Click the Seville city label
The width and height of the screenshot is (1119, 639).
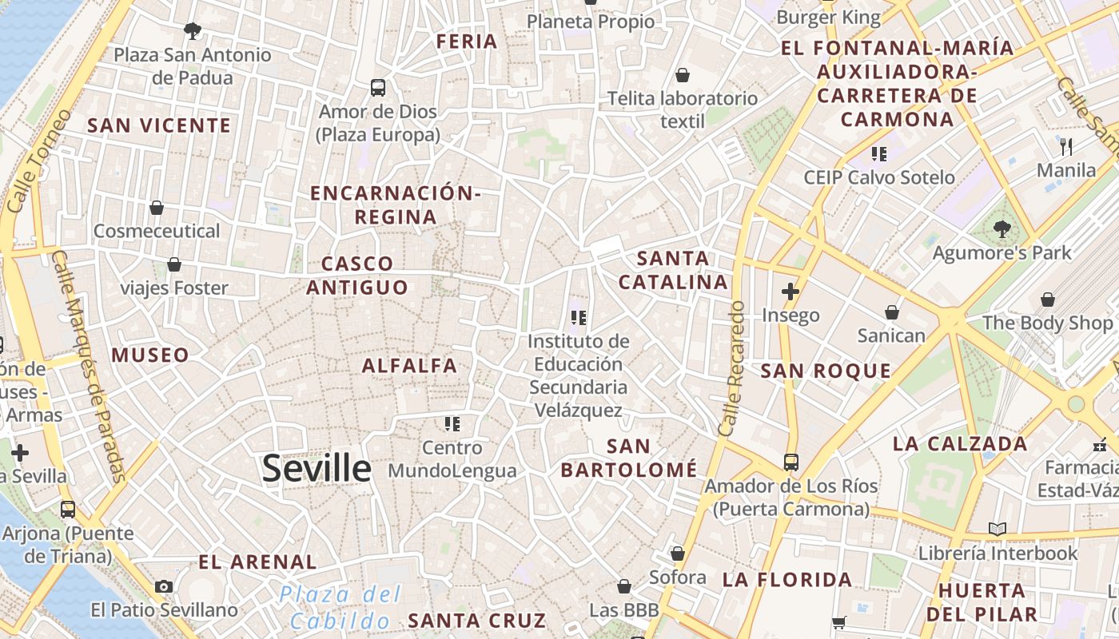tap(317, 469)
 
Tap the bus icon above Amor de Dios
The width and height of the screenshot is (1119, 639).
tap(378, 87)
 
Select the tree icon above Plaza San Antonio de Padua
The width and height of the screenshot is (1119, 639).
tap(192, 31)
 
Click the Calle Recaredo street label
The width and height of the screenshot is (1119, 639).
tap(731, 369)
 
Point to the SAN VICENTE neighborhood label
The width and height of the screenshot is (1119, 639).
tap(159, 125)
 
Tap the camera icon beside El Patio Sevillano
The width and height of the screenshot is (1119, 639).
tap(164, 586)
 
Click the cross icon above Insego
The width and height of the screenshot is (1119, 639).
tap(790, 292)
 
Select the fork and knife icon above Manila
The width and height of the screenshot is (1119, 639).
tap(1065, 146)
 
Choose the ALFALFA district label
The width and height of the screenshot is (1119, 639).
tap(410, 366)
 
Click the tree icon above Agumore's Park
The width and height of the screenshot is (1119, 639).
tap(1002, 229)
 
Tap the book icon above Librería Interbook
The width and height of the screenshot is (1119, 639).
tap(997, 529)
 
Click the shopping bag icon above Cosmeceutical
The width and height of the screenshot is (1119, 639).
tap(157, 208)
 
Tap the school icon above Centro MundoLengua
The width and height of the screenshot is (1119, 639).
tap(452, 423)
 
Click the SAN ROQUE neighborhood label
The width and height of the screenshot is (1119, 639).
tap(826, 371)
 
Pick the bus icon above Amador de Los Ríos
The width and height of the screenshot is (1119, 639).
tap(790, 462)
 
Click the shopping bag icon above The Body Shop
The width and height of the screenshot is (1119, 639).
tap(1047, 300)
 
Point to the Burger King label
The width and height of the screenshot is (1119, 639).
tap(829, 18)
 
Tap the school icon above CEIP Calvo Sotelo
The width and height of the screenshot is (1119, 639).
tap(879, 153)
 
